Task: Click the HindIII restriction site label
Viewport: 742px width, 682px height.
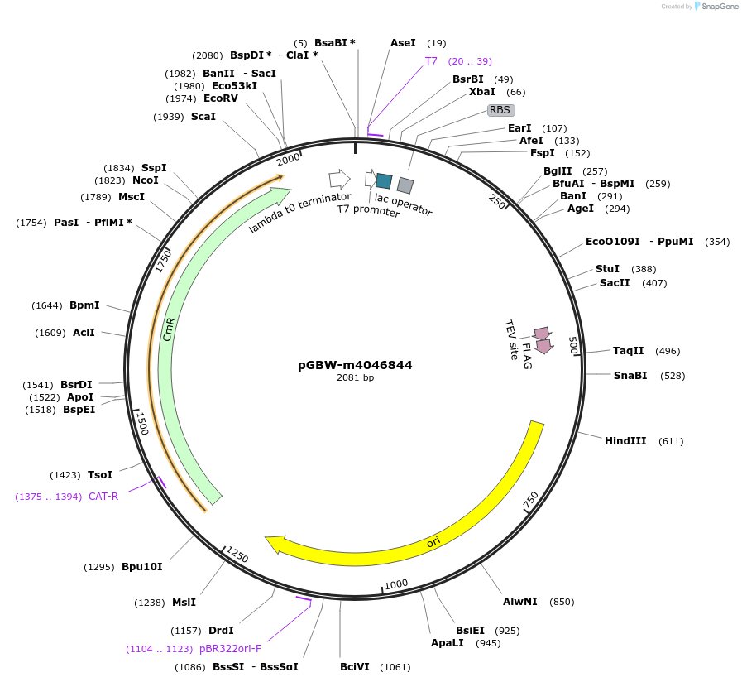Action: [625, 441]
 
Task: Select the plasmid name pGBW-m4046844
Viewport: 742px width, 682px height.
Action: [355, 365]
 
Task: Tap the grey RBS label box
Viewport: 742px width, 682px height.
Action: [500, 109]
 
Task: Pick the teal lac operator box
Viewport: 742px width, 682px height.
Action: [384, 180]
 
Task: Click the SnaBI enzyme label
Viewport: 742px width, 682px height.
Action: [630, 376]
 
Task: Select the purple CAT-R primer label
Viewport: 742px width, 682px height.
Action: [103, 497]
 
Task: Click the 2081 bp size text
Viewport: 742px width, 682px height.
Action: [355, 378]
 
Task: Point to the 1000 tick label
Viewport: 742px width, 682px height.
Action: [396, 584]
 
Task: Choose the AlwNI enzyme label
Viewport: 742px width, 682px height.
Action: [519, 602]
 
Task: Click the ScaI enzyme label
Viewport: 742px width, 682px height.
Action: [203, 117]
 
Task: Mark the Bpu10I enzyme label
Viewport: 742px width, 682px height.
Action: [141, 567]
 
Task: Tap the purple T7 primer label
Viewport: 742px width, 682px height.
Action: [431, 61]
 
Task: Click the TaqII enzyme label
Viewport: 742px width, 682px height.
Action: [628, 351]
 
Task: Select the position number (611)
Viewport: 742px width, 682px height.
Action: [671, 441]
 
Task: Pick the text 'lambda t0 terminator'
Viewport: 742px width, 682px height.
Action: [299, 213]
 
